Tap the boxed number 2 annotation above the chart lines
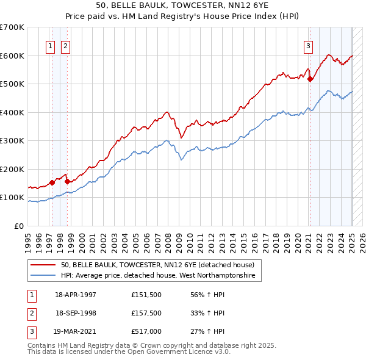tap(65, 45)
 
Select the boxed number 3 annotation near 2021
tap(309, 45)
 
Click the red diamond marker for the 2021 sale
tap(310, 79)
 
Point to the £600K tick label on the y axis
tap(12, 56)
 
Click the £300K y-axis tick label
tap(12, 141)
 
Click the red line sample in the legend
tap(44, 265)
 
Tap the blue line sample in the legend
tap(44, 276)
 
